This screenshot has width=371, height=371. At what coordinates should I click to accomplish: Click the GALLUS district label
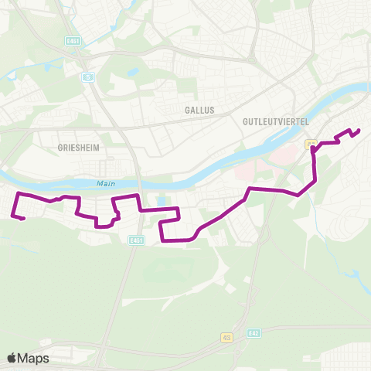click(x=199, y=111)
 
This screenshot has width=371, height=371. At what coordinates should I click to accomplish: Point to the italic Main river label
click(x=104, y=183)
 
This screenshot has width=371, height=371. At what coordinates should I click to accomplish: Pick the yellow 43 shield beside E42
click(x=226, y=338)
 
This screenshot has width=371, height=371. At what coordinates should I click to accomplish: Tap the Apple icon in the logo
click(x=12, y=358)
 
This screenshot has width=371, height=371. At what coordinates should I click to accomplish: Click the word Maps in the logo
click(x=34, y=358)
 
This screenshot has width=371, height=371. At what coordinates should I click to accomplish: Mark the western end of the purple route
click(x=24, y=219)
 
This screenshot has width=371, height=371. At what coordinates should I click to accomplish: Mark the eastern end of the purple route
click(x=359, y=130)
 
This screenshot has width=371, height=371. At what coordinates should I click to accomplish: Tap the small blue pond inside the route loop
click(x=161, y=203)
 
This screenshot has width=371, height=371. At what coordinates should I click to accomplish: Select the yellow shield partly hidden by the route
click(x=310, y=143)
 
